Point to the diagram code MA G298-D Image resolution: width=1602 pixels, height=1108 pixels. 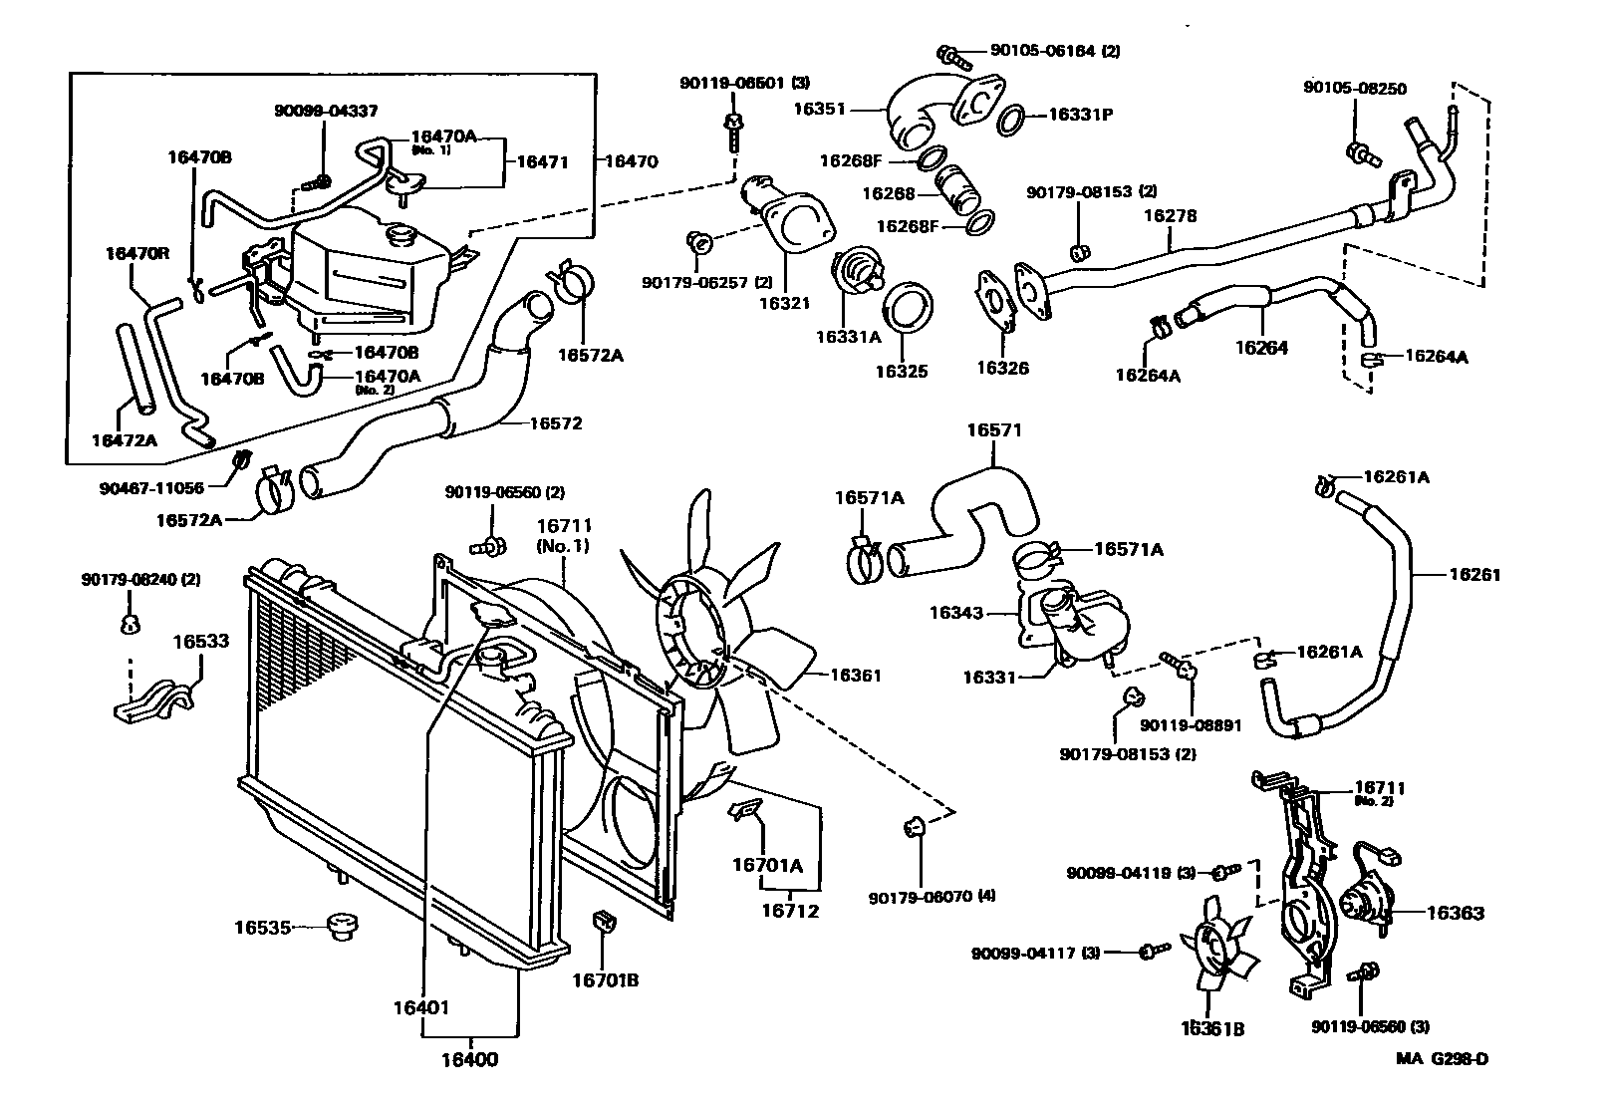pos(1442,1059)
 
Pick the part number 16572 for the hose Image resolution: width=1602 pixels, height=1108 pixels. pos(555,423)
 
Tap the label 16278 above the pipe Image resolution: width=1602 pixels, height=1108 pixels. pos(1170,215)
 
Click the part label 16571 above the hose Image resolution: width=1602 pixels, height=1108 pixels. pos(994,430)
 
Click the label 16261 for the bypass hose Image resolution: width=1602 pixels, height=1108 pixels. pos(1474,574)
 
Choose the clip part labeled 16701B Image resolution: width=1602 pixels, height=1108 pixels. pos(603,921)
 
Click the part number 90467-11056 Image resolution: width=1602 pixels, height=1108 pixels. pos(150,488)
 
